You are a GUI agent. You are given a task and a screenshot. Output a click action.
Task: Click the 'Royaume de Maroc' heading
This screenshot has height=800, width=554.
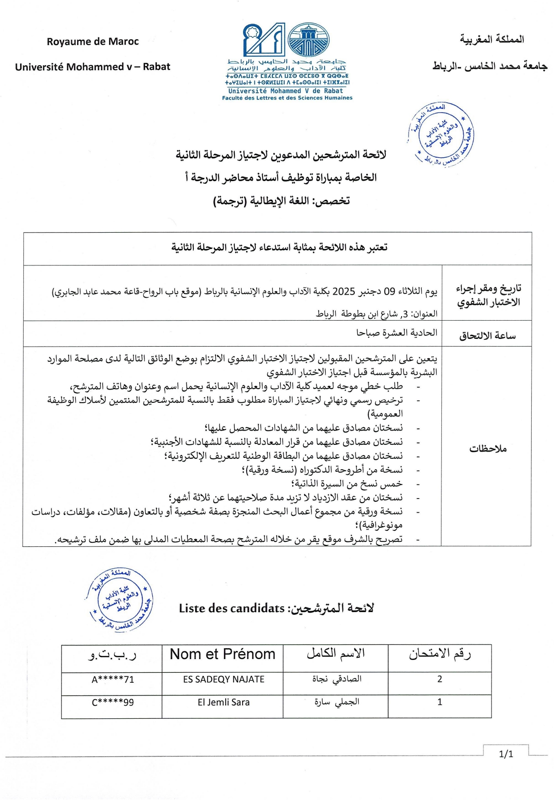(x=93, y=42)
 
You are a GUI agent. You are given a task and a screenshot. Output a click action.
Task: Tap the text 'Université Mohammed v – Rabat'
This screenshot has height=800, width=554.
(x=93, y=67)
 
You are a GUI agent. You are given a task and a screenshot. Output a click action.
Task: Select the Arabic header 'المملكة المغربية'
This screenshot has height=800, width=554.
(x=492, y=40)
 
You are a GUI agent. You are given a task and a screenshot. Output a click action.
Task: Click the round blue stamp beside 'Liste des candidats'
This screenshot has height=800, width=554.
(x=119, y=599)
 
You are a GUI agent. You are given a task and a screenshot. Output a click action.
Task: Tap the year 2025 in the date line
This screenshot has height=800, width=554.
(x=344, y=291)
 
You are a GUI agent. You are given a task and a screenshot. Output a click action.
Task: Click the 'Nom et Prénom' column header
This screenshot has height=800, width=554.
(x=223, y=654)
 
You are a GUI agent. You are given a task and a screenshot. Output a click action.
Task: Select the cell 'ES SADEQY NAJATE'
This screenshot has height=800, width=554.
(x=223, y=679)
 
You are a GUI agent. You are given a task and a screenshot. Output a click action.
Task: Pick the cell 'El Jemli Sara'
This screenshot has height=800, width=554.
(x=223, y=702)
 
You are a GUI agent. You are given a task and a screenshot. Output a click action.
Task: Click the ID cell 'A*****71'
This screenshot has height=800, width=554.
(x=113, y=680)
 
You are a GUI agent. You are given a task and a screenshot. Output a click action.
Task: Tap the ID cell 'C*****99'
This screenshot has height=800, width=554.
(x=113, y=702)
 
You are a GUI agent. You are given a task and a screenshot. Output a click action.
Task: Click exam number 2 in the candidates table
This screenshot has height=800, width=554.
(x=440, y=679)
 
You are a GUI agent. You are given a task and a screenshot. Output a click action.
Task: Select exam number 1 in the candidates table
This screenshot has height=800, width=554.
(x=440, y=702)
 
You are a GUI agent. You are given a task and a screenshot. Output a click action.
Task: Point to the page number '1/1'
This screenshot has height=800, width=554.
(x=506, y=754)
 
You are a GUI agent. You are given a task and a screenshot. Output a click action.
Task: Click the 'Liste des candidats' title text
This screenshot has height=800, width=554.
(x=232, y=608)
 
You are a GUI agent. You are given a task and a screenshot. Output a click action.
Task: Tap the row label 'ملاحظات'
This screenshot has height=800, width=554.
(x=488, y=449)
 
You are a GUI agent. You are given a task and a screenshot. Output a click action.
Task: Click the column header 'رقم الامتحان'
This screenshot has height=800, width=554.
(x=440, y=654)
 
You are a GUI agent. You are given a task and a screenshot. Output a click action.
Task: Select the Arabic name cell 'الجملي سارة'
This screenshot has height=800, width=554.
(x=337, y=702)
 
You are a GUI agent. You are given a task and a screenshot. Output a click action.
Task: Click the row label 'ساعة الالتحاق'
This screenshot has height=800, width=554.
(x=487, y=336)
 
